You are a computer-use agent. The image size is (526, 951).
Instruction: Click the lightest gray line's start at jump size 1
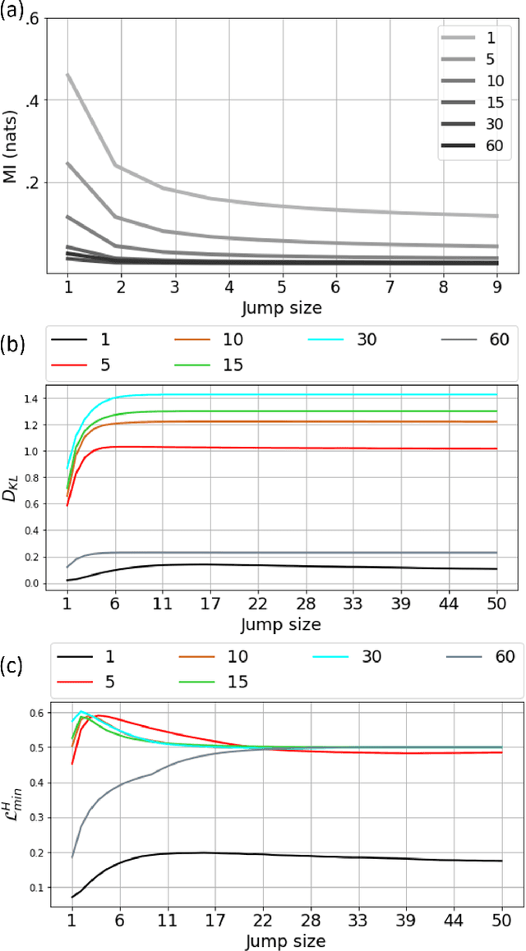tap(68, 75)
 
